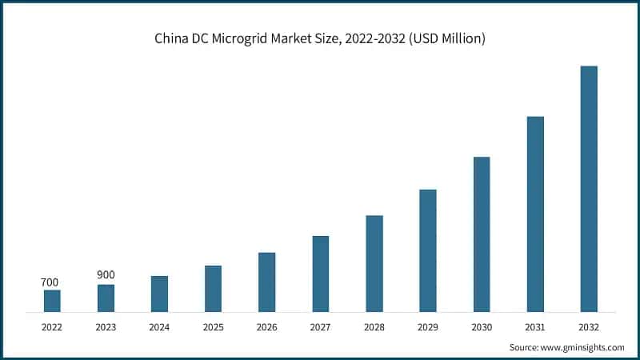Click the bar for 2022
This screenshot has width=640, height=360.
click(52, 301)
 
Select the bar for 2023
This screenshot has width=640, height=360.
click(106, 298)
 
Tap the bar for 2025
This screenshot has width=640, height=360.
click(213, 288)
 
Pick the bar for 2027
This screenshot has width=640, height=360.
click(320, 274)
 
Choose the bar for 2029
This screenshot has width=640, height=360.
click(428, 250)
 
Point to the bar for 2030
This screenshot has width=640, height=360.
click(482, 234)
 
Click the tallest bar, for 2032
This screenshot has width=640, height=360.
click(589, 189)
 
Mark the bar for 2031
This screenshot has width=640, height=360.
click(535, 214)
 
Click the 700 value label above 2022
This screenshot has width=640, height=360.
click(50, 282)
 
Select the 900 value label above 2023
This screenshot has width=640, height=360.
click(106, 275)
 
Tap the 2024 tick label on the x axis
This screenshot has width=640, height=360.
click(159, 326)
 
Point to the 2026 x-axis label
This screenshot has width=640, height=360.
click(266, 326)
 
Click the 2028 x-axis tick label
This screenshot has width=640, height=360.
click(374, 326)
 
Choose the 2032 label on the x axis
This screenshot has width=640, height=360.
click(589, 326)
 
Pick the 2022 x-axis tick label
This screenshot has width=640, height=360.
click(52, 326)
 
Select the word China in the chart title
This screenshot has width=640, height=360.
click(172, 38)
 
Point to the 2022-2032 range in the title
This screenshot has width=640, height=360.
click(373, 38)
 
